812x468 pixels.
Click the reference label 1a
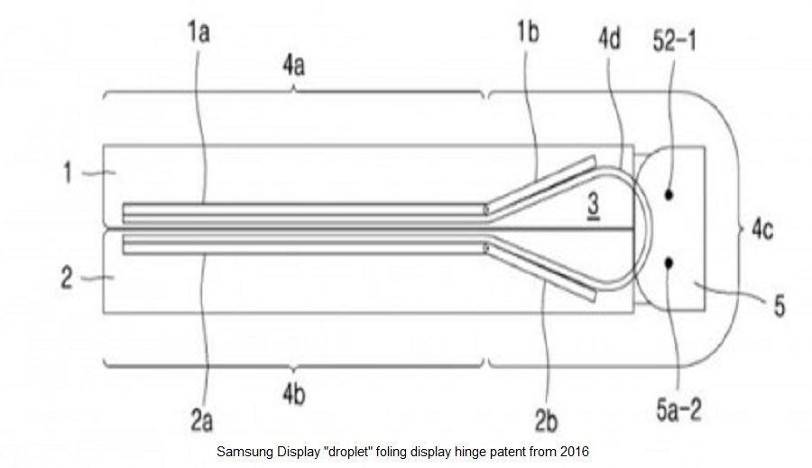coord(198,33)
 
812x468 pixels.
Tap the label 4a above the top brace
coord(293,67)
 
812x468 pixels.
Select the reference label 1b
coord(528,33)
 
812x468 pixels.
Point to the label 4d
coord(609,38)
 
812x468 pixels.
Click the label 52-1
coord(674,41)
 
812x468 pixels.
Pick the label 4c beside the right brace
coord(762,229)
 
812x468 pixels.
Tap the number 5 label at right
coord(780,305)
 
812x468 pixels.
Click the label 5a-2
coord(678,410)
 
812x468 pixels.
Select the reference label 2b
coord(546,421)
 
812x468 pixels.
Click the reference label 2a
coord(201,421)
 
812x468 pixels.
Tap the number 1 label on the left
coord(68,173)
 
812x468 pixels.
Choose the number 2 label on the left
coord(67,278)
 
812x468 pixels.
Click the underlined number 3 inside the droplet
coord(594,205)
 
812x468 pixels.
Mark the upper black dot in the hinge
coord(669,195)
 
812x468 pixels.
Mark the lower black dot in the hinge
coord(669,263)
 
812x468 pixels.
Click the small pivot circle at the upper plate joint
coord(485,211)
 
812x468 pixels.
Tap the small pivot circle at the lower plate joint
coord(485,248)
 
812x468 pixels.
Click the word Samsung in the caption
coord(245,452)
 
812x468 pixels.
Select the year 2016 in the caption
coord(575,452)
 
